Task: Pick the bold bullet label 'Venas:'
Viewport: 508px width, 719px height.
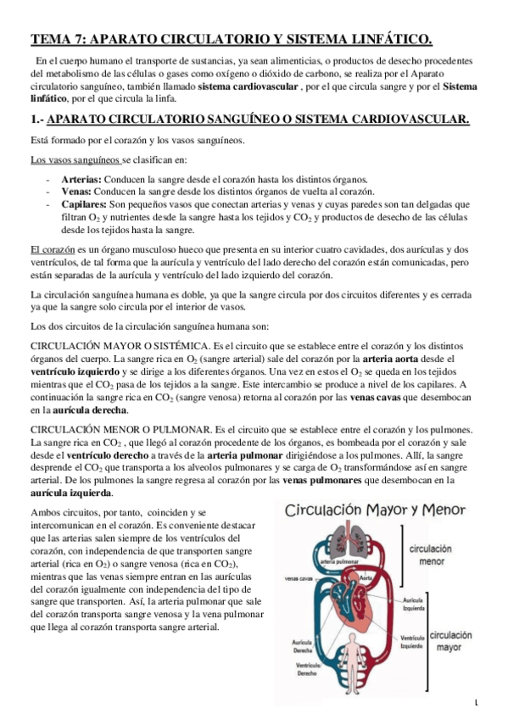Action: point(77,192)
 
